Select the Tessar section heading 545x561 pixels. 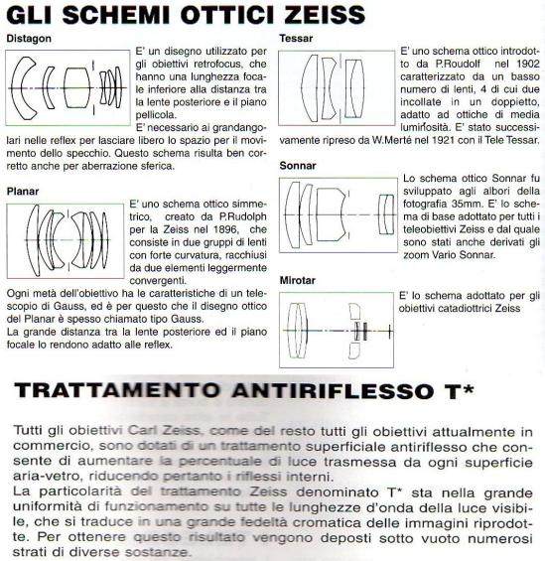point(298,41)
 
